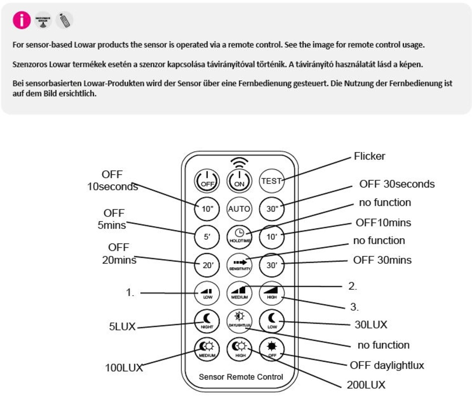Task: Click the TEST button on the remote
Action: tap(271, 181)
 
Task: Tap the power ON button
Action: tap(239, 181)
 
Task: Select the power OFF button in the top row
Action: tap(207, 181)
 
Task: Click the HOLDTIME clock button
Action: tap(239, 236)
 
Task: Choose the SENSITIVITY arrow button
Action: tap(239, 265)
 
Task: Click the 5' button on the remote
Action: tap(207, 237)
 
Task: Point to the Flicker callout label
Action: tap(369, 156)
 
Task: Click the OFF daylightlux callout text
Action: tap(387, 365)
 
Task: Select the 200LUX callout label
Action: tap(366, 385)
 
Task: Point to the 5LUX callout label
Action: tap(122, 326)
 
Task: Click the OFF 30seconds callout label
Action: tap(397, 184)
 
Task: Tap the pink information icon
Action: tap(22, 20)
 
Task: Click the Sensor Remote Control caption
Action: tap(241, 377)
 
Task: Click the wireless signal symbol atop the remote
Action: tap(239, 162)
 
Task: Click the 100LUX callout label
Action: tap(124, 367)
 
